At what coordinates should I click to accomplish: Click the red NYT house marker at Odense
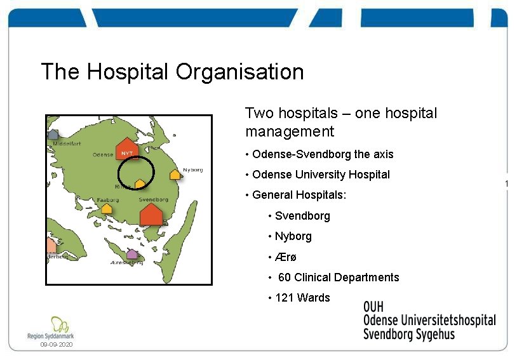[126, 150]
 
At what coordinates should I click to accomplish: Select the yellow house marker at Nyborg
[175, 174]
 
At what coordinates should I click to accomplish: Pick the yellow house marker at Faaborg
[107, 208]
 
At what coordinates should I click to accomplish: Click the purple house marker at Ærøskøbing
[131, 254]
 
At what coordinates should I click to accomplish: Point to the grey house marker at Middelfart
[53, 134]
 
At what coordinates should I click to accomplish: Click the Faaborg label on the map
[107, 200]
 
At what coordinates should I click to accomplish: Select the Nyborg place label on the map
[192, 170]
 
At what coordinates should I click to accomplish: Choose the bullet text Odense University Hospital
[321, 175]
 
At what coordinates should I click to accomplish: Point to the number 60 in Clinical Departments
[285, 277]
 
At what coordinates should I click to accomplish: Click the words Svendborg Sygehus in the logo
[408, 335]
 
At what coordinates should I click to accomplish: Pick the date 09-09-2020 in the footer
[57, 344]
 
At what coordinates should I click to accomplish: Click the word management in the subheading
[289, 131]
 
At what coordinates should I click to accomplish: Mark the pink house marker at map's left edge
[51, 245]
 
